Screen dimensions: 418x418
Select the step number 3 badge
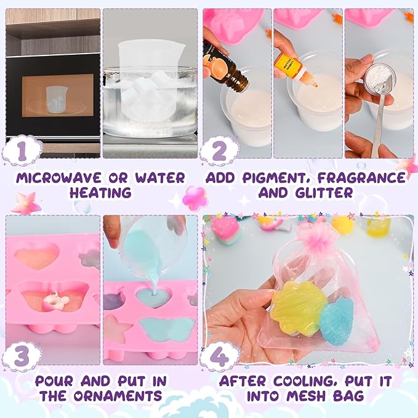click(x=22, y=356)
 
